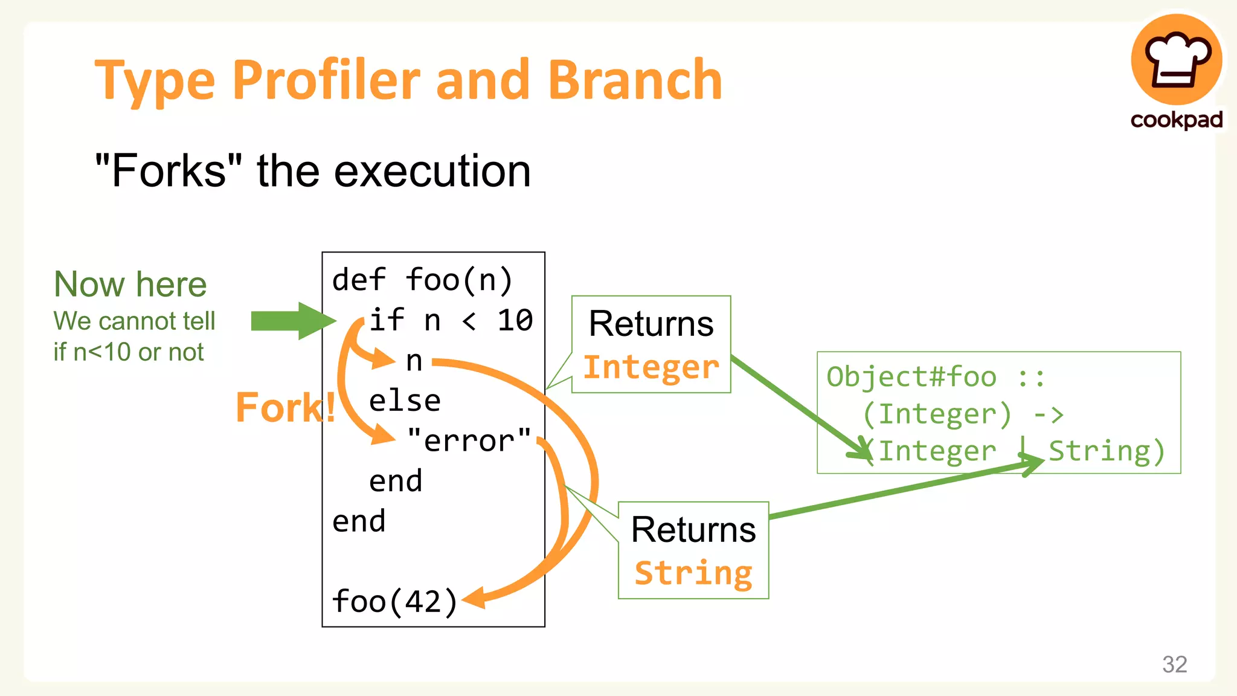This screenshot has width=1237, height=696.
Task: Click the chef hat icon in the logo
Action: pos(1177,60)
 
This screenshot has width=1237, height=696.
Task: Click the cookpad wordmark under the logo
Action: pos(1176,120)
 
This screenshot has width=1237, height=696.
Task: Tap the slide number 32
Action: pos(1174,664)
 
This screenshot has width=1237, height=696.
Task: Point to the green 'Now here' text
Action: pos(130,284)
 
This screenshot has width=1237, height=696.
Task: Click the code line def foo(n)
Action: pos(422,280)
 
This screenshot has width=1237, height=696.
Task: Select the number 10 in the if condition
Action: pos(515,320)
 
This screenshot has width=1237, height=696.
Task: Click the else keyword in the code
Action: pos(405,401)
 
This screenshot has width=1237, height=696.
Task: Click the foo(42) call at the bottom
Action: pos(394,601)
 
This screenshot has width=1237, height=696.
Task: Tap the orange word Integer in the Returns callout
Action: pos(651,367)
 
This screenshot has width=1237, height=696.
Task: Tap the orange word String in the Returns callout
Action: pos(693,573)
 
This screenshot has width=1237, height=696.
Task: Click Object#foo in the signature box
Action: pos(911,376)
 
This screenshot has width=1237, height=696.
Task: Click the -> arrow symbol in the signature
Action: pos(1048,414)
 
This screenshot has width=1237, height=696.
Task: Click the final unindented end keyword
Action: pos(359,521)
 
